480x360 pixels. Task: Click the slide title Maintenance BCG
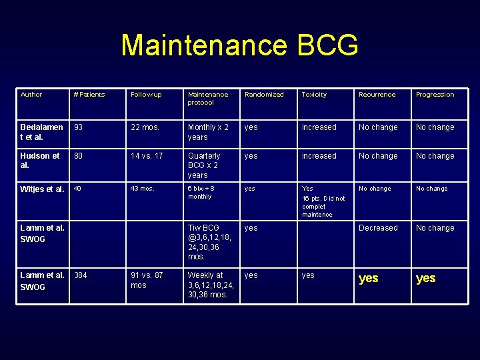(240, 46)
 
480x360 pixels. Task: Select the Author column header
(31, 95)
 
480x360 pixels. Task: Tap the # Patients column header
(89, 95)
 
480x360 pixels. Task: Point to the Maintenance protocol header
(208, 99)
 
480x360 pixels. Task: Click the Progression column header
(435, 95)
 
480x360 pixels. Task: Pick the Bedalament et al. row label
(41, 132)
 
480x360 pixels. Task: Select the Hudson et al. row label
(39, 161)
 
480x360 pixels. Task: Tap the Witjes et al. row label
(42, 189)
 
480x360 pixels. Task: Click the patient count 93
(79, 127)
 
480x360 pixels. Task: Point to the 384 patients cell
(81, 275)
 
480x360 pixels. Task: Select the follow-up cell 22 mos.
(145, 127)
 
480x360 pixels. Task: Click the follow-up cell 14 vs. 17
(147, 156)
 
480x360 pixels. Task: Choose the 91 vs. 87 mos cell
(147, 280)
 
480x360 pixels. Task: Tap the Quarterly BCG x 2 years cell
(204, 165)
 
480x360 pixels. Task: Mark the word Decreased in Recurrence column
(378, 228)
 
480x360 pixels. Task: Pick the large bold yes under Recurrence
(369, 279)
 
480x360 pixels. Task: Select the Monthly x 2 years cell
(208, 132)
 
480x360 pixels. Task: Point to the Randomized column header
(264, 95)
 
